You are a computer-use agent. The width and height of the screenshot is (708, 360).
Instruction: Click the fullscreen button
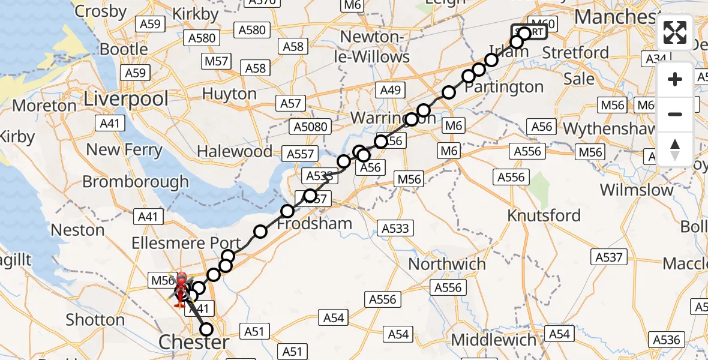coord(675,32)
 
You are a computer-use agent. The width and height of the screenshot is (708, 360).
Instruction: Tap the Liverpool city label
coord(126,98)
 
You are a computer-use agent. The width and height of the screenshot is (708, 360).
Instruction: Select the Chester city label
coord(193,343)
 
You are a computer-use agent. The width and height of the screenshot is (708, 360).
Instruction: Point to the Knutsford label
coord(544,215)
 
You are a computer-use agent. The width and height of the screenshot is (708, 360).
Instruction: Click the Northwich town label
coord(447,264)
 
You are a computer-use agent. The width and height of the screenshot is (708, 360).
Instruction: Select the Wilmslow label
coord(637,190)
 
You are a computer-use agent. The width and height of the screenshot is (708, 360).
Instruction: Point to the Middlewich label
coord(494,340)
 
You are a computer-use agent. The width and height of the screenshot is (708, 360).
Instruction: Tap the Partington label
coord(503,87)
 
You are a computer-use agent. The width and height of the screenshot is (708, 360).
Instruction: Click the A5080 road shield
coord(311,127)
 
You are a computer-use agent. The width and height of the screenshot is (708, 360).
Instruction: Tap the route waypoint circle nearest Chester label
coord(206,329)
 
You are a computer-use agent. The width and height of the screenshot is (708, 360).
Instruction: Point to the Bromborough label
coord(136,181)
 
